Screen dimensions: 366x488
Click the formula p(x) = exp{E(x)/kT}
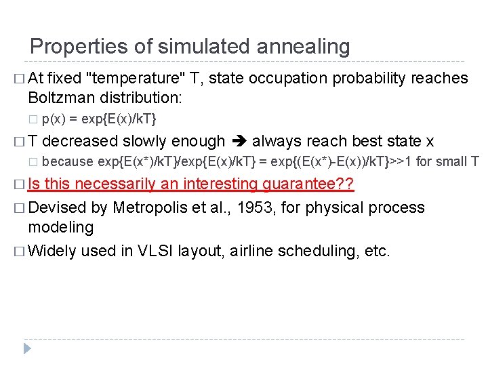99,119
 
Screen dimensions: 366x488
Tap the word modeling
61,227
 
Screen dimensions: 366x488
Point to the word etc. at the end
378,251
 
